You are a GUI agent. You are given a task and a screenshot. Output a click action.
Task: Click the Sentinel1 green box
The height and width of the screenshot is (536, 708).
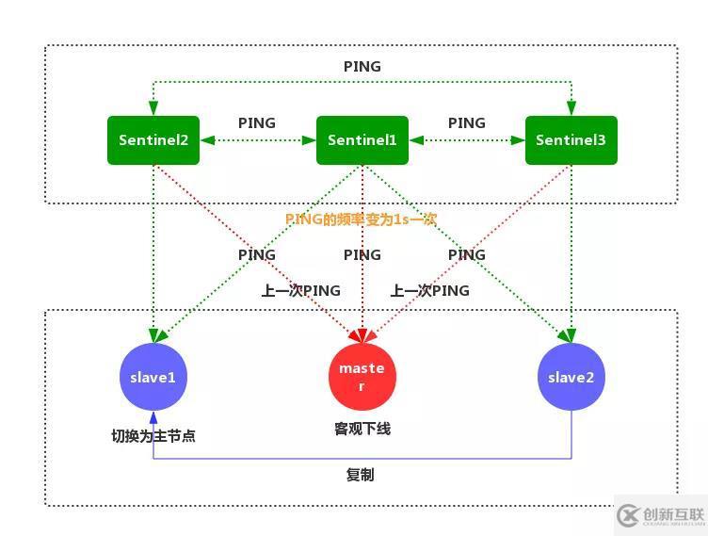[x=362, y=140]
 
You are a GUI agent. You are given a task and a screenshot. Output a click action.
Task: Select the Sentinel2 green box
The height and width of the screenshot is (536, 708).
[x=153, y=140]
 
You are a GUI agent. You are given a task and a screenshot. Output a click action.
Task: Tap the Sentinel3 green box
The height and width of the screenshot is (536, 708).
[x=571, y=140]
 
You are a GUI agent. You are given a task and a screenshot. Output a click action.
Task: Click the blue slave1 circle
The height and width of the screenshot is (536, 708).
[x=153, y=377]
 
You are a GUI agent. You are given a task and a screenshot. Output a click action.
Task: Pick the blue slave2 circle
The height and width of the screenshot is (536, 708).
[x=571, y=377]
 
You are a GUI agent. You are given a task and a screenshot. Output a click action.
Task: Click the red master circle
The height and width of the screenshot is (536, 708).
[x=362, y=377]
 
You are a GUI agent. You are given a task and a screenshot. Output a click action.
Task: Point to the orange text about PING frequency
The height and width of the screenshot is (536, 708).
[x=362, y=219]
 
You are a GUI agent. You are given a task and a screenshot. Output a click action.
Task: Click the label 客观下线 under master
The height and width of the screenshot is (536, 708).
[x=362, y=429]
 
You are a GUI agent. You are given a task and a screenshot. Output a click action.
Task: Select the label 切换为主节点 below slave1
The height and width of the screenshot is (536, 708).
[x=153, y=436]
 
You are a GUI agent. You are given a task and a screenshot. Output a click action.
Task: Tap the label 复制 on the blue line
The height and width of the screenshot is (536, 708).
[x=361, y=475]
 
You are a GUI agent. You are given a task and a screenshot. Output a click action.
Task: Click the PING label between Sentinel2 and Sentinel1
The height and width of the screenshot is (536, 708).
[x=257, y=122]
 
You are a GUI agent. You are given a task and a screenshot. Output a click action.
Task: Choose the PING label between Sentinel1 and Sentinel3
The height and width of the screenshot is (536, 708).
[x=467, y=122]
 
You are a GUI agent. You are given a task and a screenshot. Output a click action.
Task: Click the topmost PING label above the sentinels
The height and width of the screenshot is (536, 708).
[x=362, y=66]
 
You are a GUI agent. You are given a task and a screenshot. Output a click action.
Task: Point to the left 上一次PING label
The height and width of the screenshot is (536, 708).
[x=301, y=290]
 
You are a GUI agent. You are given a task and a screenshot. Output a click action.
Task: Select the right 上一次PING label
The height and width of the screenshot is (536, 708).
[x=430, y=290]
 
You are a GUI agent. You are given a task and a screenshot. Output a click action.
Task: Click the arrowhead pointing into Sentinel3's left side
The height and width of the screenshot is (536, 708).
[x=520, y=140]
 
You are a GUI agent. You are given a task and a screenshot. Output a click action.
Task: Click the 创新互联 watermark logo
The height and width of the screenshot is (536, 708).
[x=660, y=515]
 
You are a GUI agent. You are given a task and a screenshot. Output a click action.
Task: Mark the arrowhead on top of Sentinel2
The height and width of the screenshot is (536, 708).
[x=153, y=110]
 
